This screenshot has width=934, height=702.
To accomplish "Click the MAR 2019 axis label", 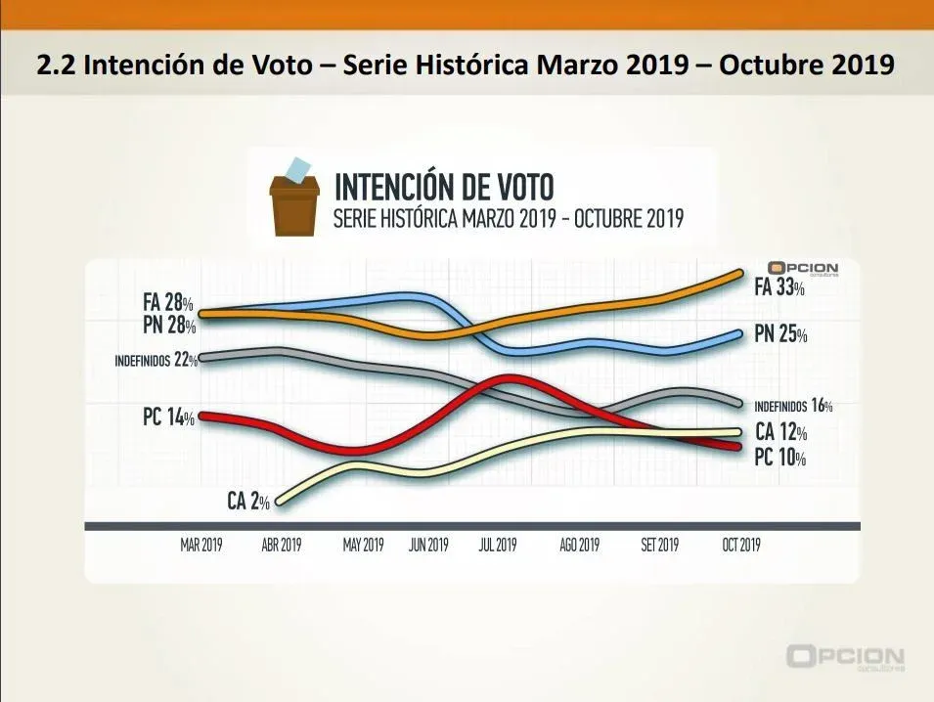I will point(201,546).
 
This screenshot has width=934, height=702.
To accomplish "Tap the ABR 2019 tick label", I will point(281,546).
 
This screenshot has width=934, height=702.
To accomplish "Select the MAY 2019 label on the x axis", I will point(363,546).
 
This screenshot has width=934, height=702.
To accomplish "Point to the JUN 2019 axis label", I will point(428,546).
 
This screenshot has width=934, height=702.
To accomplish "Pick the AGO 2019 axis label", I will point(579,546).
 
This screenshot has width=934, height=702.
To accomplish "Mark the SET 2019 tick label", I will point(659,546).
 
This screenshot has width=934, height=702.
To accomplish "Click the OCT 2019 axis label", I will point(740,546).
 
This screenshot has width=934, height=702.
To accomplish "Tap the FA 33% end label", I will point(779,288).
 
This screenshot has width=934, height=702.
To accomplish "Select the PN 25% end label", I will point(780,335).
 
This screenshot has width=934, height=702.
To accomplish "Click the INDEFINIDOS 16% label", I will point(792,406).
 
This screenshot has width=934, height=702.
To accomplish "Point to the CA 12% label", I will point(780,433).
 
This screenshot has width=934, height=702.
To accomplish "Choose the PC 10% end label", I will point(779,457).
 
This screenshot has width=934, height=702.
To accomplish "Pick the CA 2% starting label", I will point(247,503).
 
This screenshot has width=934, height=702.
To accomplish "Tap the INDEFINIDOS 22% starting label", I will point(156,360).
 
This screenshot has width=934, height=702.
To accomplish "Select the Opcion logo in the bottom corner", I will point(845,658).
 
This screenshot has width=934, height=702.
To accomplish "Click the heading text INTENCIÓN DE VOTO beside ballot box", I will point(444,186).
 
